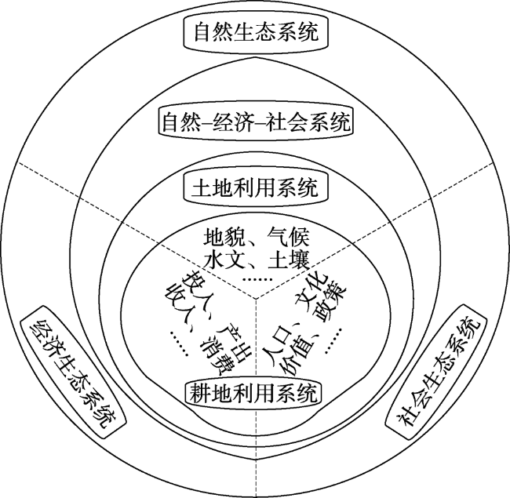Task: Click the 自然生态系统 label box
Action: pyautogui.click(x=256, y=32)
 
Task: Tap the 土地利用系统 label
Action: pyautogui.click(x=256, y=188)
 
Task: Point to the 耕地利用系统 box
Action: pyautogui.click(x=253, y=394)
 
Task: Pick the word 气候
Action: pyautogui.click(x=288, y=238)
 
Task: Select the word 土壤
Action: pyautogui.click(x=288, y=260)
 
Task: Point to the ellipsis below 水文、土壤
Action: pyautogui.click(x=257, y=279)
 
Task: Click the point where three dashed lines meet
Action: pyautogui.click(x=257, y=299)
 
